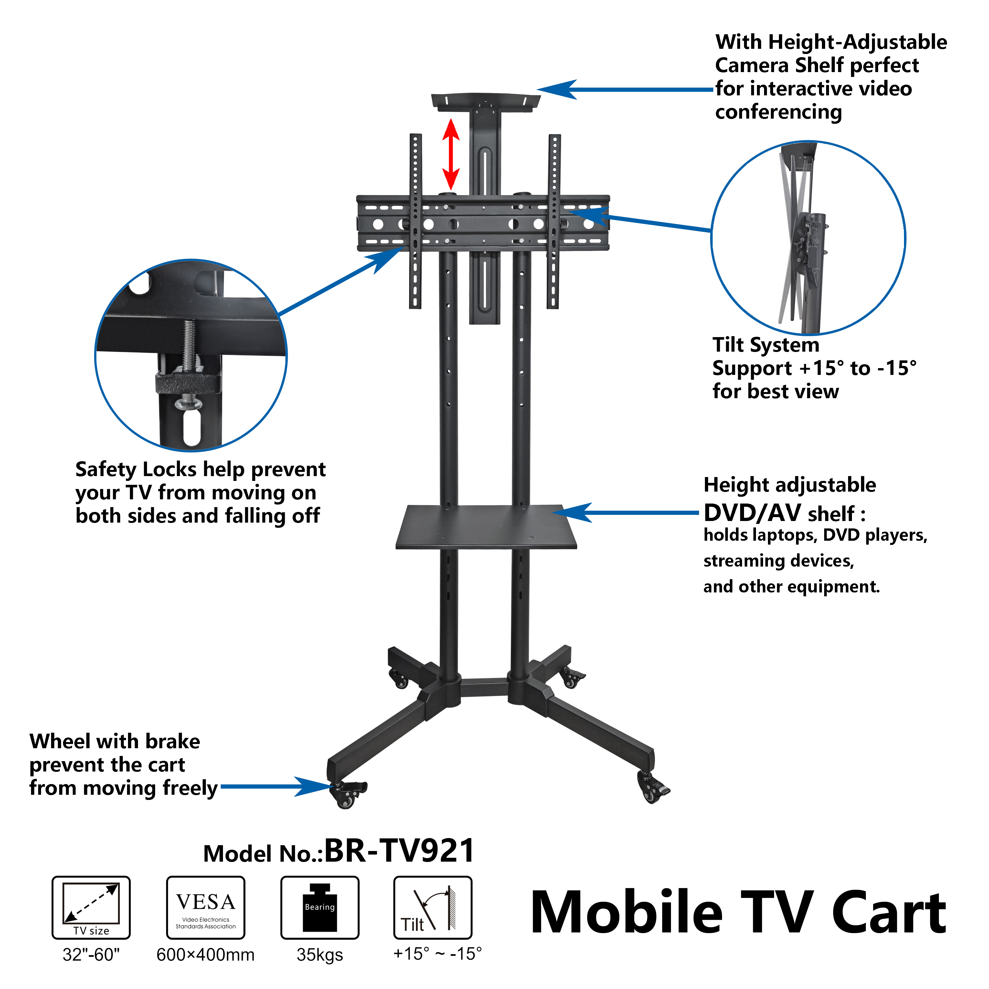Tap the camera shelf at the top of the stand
coord(485,100)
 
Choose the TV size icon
coord(91,907)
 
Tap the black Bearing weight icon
coord(320,907)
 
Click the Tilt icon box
coord(432,907)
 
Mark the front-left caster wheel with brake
coord(346,794)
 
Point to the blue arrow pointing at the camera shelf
coord(624,90)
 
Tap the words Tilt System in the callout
coord(766,345)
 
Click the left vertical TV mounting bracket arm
coord(415,221)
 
